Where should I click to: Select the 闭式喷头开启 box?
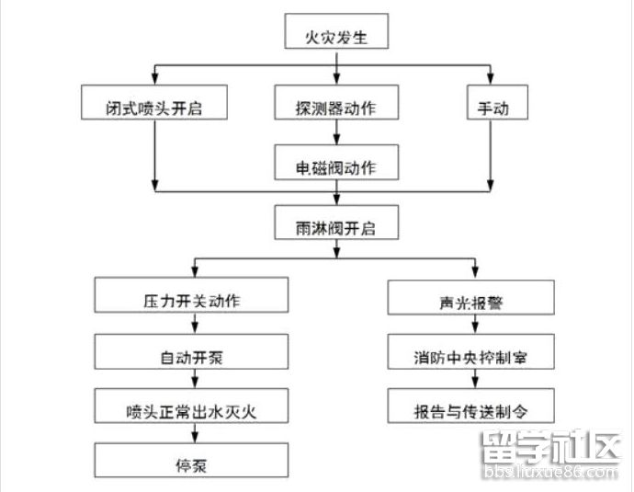tap(154, 106)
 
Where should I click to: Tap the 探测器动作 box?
tap(336, 106)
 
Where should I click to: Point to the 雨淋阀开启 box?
tap(337, 223)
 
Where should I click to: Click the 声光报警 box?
tap(471, 299)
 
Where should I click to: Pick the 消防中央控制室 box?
tap(471, 353)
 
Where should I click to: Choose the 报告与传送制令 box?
tap(471, 406)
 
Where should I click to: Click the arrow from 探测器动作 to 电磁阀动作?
tap(336, 133)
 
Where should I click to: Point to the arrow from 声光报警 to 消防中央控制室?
tap(472, 326)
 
